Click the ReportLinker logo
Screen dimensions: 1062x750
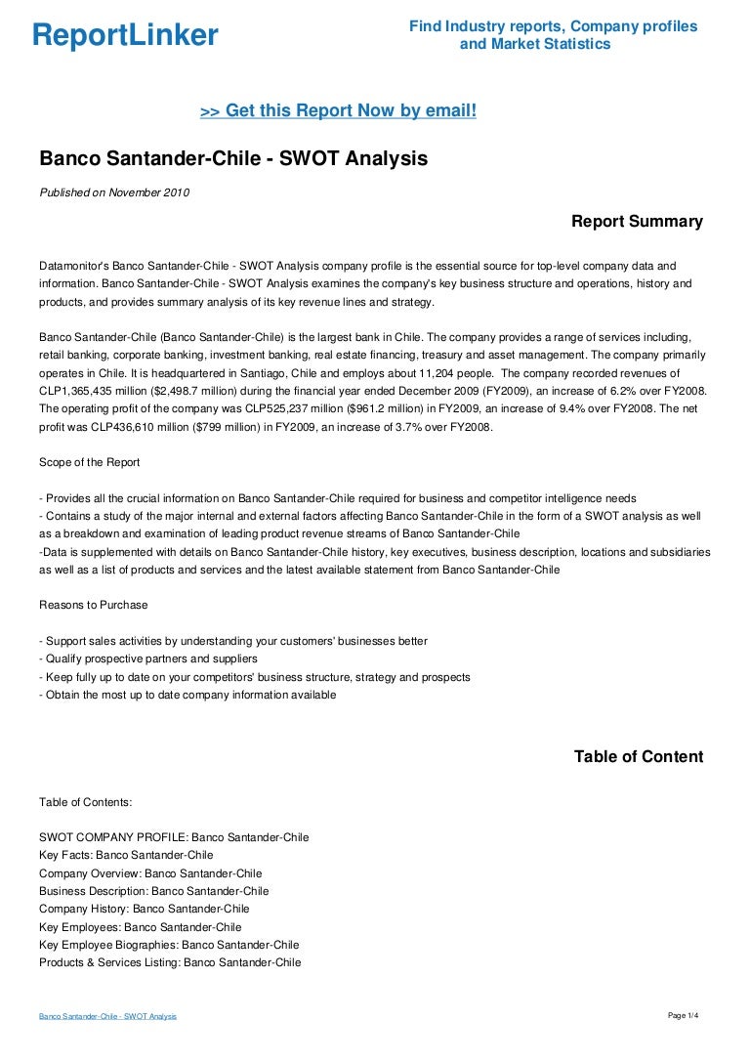click(125, 35)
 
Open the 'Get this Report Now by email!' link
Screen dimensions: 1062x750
click(338, 111)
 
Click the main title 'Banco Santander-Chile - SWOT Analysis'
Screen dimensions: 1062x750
click(233, 158)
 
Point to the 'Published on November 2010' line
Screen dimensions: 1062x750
click(114, 192)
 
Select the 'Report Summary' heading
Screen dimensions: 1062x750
click(637, 222)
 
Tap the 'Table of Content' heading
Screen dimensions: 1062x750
click(638, 757)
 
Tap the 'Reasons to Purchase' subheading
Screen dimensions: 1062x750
click(94, 605)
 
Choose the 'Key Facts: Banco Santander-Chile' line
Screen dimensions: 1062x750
click(126, 855)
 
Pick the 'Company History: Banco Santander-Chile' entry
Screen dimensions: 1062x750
click(145, 909)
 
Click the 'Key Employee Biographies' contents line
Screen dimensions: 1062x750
click(169, 945)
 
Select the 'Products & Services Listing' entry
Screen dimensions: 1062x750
click(170, 962)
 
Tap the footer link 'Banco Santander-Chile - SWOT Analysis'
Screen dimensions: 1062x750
click(107, 1017)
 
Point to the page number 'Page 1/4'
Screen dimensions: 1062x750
click(684, 1016)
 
